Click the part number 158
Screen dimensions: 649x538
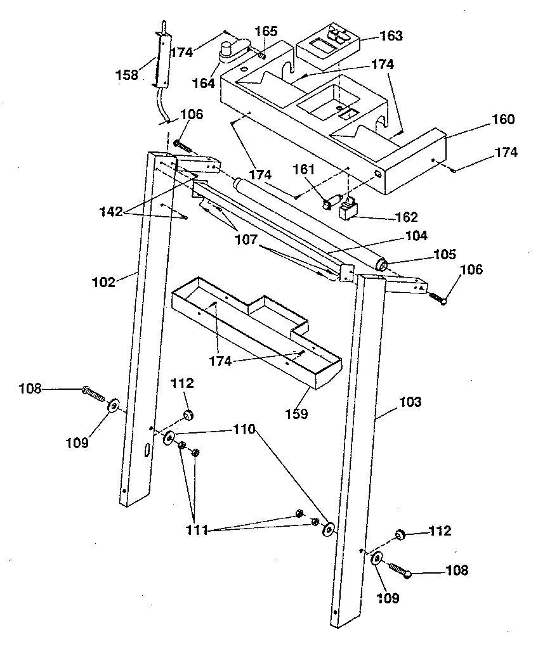click(x=126, y=75)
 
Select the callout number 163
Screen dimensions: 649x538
click(x=390, y=36)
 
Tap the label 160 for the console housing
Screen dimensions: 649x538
click(x=502, y=119)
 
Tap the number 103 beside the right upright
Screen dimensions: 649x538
click(x=409, y=402)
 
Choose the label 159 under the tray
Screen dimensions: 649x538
click(x=296, y=414)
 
